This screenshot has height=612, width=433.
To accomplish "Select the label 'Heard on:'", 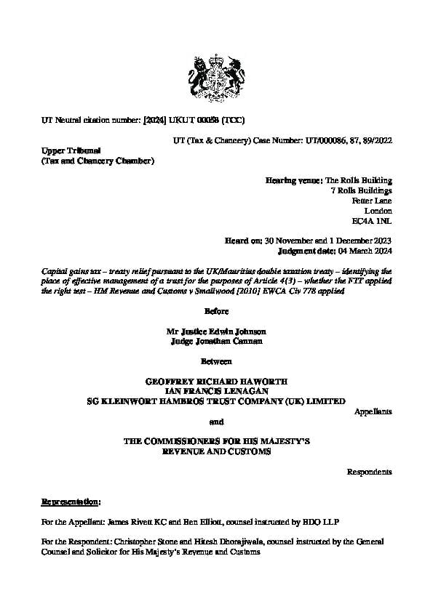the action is (x=247, y=241).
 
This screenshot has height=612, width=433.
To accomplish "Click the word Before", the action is (x=216, y=311).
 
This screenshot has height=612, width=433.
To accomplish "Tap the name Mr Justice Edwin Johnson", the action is (x=216, y=331).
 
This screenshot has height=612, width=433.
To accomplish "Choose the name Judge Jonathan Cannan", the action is (x=216, y=341).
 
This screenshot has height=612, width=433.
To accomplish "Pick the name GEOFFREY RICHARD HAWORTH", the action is (x=216, y=381).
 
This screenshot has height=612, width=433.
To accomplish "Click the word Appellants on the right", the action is (x=373, y=411).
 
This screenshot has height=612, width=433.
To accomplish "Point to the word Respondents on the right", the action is (x=369, y=472).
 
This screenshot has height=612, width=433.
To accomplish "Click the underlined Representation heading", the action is (x=71, y=502).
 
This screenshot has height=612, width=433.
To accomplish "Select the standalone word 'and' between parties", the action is (x=216, y=422).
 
